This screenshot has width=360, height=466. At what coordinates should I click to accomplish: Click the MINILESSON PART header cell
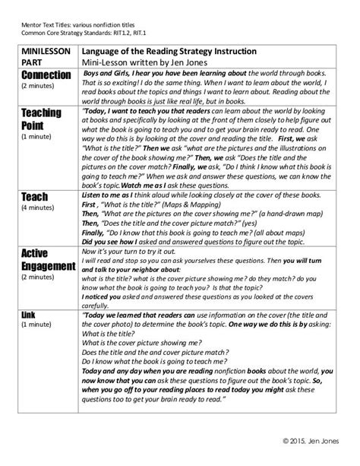click(43, 55)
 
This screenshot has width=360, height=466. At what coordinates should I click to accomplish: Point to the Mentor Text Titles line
click(81, 10)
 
